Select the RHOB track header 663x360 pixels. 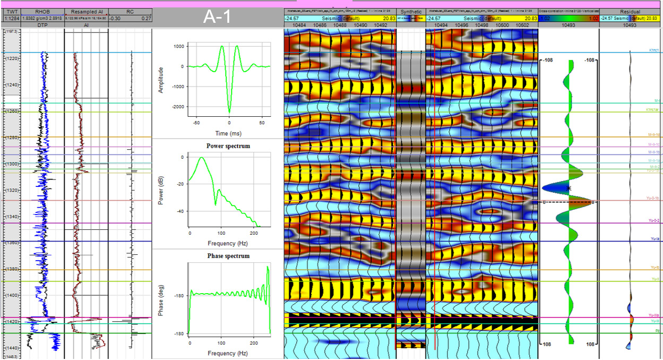[42, 11]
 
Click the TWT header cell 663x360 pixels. [11, 11]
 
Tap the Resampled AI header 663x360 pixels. [86, 11]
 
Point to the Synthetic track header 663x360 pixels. [411, 11]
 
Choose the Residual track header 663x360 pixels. [630, 11]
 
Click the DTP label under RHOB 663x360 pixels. [42, 25]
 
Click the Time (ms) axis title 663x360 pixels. [229, 133]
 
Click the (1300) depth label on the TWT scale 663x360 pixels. [11, 164]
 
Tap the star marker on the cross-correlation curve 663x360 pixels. [569, 188]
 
